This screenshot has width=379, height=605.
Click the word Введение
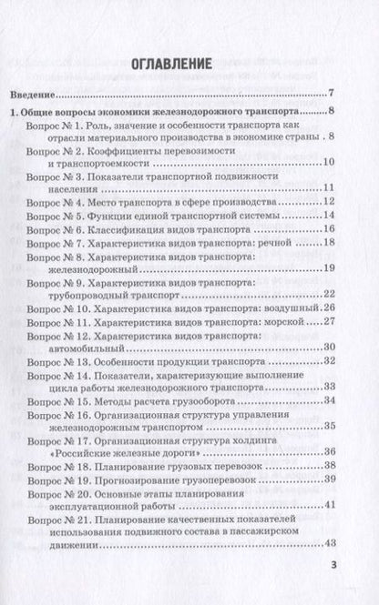[32, 93]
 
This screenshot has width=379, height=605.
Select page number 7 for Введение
[333, 93]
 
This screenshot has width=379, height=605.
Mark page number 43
[329, 585]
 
